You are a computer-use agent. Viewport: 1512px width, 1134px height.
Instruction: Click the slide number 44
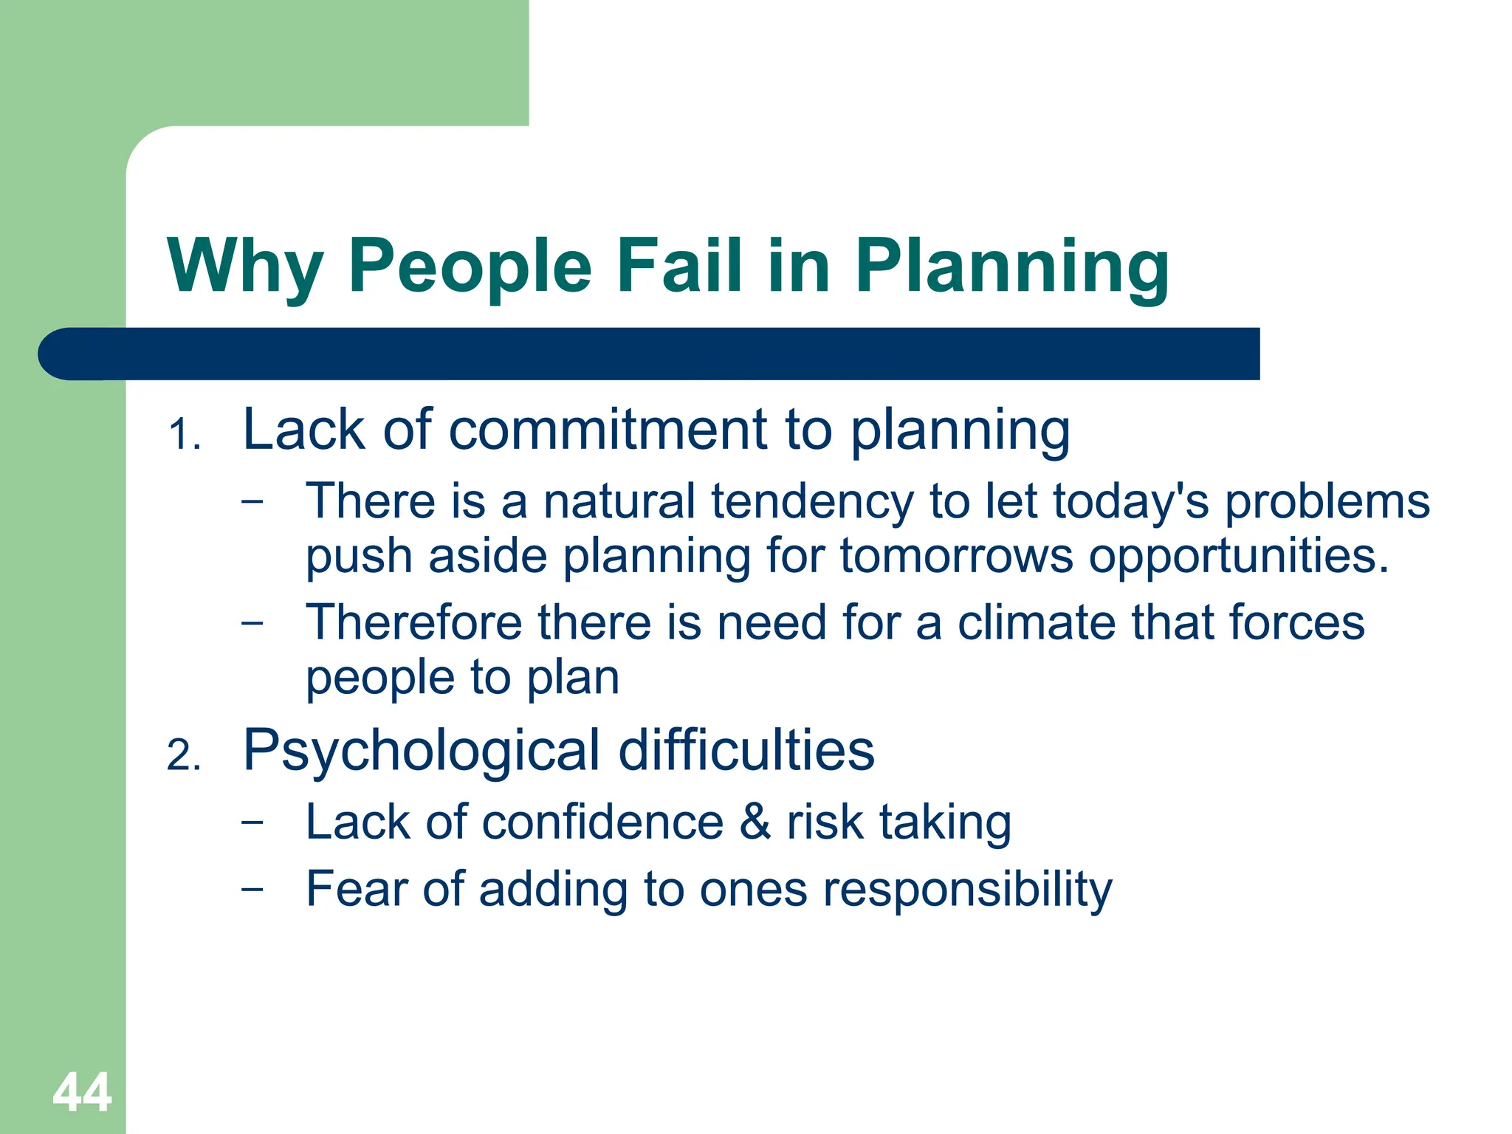(x=82, y=1092)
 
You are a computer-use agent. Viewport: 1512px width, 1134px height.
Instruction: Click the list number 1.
(x=184, y=434)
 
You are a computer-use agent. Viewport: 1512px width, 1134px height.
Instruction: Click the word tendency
(x=811, y=501)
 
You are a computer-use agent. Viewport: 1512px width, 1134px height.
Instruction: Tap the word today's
(x=1130, y=501)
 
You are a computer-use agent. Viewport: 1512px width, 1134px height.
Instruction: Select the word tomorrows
(x=956, y=555)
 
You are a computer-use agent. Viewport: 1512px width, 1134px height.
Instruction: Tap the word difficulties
(x=746, y=750)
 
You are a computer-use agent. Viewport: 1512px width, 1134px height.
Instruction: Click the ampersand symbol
(x=755, y=822)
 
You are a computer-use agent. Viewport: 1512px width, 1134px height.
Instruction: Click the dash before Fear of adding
(x=252, y=888)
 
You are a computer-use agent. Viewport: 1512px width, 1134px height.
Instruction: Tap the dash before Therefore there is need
(x=252, y=622)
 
